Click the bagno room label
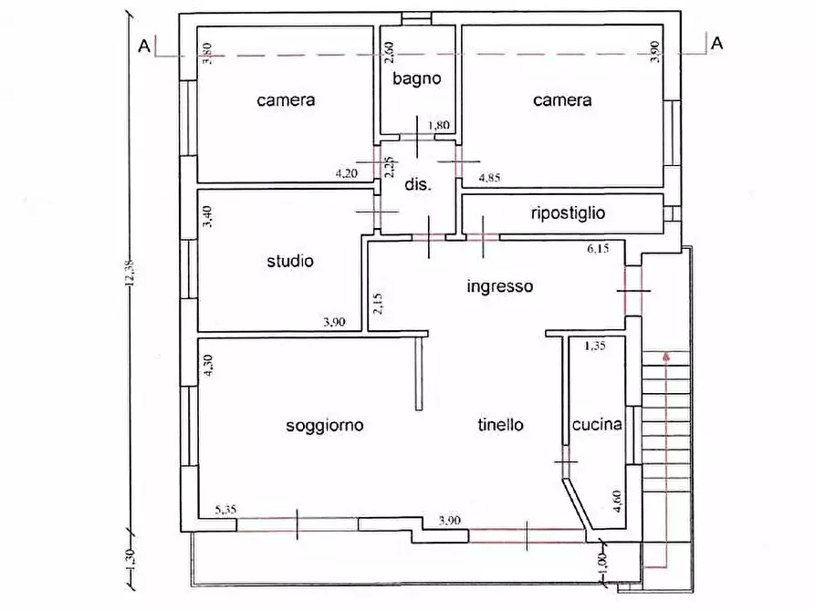point(416,79)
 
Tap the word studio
point(290,261)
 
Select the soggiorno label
point(324,426)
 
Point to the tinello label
point(500,424)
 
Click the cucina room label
point(597,424)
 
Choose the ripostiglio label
point(568,213)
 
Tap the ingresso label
point(499,286)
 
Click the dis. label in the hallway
point(417,184)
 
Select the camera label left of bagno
point(286,99)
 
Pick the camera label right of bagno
point(562,99)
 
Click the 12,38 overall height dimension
point(130,274)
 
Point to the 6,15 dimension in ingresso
point(598,248)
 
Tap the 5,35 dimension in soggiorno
point(225,510)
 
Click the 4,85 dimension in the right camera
point(489,178)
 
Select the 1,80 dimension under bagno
point(439,125)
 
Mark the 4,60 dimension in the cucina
point(617,502)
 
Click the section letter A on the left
point(144,47)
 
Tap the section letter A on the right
point(716,43)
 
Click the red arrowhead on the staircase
point(666,357)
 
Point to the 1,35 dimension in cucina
point(595,346)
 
